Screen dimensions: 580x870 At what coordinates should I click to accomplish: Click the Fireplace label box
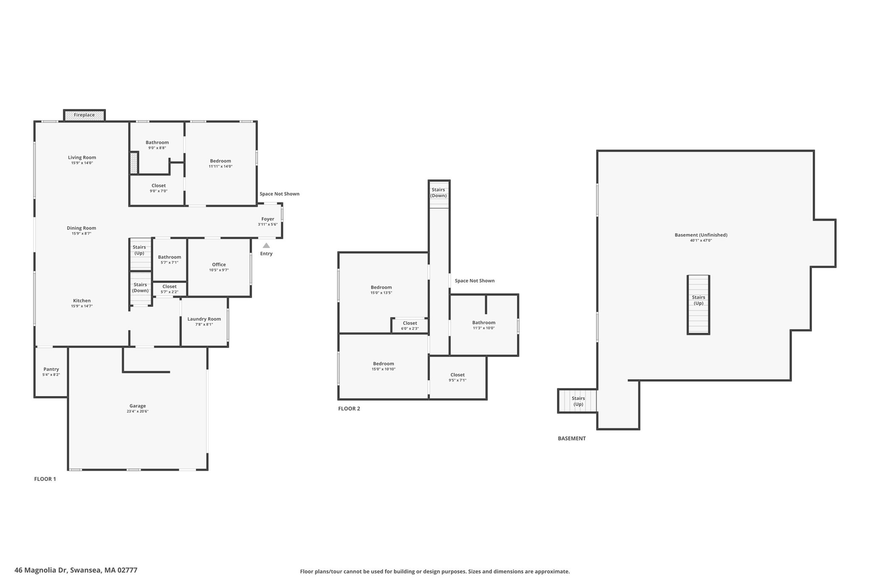84,115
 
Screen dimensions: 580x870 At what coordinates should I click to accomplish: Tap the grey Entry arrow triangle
266,246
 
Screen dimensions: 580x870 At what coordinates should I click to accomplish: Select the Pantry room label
51,370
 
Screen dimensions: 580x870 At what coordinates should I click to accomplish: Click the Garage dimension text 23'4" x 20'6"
137,411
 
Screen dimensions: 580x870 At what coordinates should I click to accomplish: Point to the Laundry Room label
204,319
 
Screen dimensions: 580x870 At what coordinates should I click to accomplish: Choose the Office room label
219,265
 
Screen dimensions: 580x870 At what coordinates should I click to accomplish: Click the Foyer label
268,219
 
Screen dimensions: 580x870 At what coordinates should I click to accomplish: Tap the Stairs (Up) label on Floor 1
139,250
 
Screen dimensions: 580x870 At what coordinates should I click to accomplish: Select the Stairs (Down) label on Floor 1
140,288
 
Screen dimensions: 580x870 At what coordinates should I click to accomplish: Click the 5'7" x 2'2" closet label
169,289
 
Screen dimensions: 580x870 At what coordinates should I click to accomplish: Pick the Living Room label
82,158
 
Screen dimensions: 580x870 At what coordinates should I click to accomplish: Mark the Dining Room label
82,228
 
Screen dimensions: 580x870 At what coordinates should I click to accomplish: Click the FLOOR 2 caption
349,409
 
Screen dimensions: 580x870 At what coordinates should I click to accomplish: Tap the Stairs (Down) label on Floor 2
438,193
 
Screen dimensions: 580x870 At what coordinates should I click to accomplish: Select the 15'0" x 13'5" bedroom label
381,290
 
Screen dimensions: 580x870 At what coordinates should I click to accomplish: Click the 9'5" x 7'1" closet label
458,377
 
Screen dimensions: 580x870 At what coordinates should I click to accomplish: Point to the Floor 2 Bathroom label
483,323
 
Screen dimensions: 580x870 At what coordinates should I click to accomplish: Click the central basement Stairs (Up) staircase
698,304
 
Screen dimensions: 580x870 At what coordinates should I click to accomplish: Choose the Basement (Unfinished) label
701,235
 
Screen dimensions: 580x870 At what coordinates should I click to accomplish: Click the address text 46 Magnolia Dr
41,570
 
